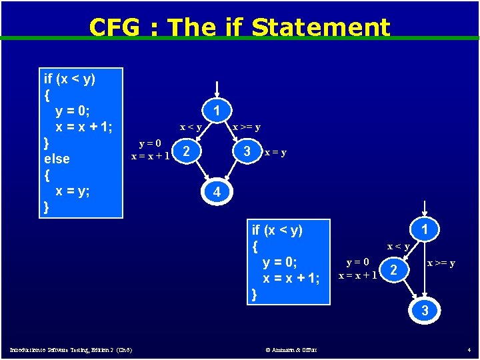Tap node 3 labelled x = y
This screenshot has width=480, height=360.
pyautogui.click(x=247, y=151)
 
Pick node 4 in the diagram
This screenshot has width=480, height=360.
pyautogui.click(x=216, y=192)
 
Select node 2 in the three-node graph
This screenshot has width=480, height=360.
pyautogui.click(x=395, y=270)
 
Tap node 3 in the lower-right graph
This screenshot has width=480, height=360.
pyautogui.click(x=425, y=310)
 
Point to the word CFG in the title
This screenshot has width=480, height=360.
pyautogui.click(x=114, y=27)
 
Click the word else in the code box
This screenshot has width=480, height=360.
pyautogui.click(x=56, y=159)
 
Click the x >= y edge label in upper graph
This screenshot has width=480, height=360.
pyautogui.click(x=246, y=127)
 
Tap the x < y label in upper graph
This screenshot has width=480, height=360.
pyautogui.click(x=191, y=127)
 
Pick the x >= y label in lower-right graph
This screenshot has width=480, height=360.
pyautogui.click(x=441, y=263)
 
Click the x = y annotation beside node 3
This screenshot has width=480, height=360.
pyautogui.click(x=275, y=152)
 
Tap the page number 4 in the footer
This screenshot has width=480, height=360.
pyautogui.click(x=469, y=349)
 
